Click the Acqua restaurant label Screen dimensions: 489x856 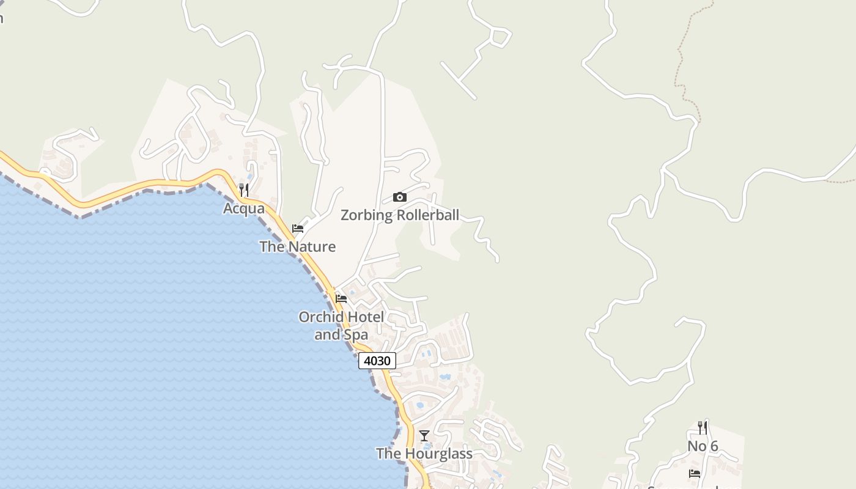click(244, 208)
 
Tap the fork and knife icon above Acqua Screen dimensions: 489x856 click(244, 190)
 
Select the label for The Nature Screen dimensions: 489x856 click(297, 246)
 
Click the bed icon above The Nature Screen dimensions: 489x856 click(298, 229)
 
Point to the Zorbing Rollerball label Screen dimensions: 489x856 click(399, 215)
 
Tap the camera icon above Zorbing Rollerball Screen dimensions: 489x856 click(399, 197)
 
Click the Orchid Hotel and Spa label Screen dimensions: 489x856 click(341, 326)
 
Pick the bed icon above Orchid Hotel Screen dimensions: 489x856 click(341, 299)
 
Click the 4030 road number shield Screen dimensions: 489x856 click(377, 361)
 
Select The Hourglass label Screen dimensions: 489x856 click(424, 454)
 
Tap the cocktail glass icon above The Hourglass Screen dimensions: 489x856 click(424, 436)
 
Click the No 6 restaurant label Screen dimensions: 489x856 click(703, 446)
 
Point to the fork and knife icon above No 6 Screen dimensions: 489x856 click(703, 428)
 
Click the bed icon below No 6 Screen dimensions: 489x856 click(694, 473)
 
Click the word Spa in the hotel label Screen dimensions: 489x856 click(356, 335)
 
